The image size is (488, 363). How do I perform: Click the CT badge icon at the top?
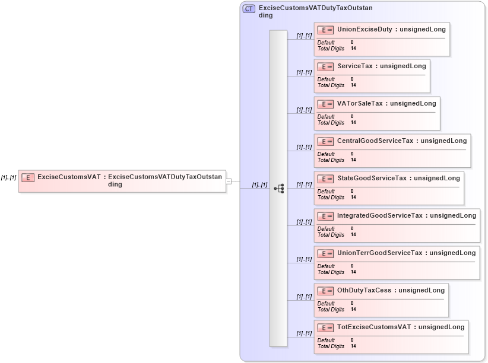pyautogui.click(x=249, y=9)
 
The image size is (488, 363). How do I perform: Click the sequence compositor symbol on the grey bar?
pyautogui.click(x=278, y=189)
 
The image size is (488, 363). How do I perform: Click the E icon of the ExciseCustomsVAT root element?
pyautogui.click(x=28, y=177)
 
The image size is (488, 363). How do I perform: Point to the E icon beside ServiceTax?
pyautogui.click(x=325, y=67)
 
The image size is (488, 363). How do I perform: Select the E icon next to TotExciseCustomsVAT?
pyautogui.click(x=325, y=328)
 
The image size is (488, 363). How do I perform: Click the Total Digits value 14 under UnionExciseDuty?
pyautogui.click(x=353, y=49)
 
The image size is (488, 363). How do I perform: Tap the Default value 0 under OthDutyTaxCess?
pyautogui.click(x=352, y=304)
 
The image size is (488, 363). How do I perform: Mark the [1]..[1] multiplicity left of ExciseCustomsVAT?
pyautogui.click(x=8, y=177)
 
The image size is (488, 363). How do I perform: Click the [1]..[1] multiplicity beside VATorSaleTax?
pyautogui.click(x=304, y=110)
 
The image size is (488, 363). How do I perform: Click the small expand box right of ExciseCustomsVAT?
pyautogui.click(x=229, y=181)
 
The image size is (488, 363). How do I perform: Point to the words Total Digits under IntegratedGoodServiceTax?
pyautogui.click(x=331, y=235)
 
